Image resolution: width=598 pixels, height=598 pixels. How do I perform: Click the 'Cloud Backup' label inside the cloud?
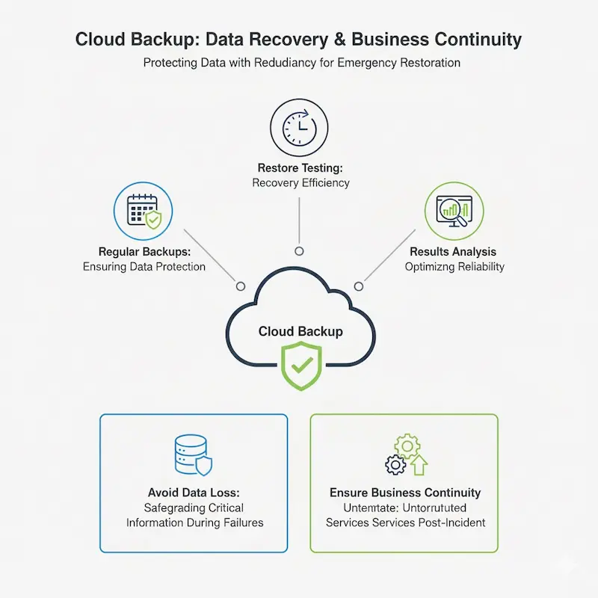[300, 331]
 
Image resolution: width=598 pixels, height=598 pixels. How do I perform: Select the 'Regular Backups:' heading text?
[144, 252]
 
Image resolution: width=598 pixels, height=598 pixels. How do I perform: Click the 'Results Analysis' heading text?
[453, 252]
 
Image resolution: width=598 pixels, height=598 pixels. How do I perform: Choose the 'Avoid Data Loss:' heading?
[194, 493]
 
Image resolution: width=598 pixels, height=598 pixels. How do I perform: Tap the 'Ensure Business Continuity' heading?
[405, 493]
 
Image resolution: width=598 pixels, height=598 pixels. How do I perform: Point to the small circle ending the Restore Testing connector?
[299, 251]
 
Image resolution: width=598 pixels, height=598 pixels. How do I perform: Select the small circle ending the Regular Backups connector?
[241, 286]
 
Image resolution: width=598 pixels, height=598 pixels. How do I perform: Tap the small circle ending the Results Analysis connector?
[359, 286]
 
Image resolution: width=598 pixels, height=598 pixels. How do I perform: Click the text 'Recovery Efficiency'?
[300, 183]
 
